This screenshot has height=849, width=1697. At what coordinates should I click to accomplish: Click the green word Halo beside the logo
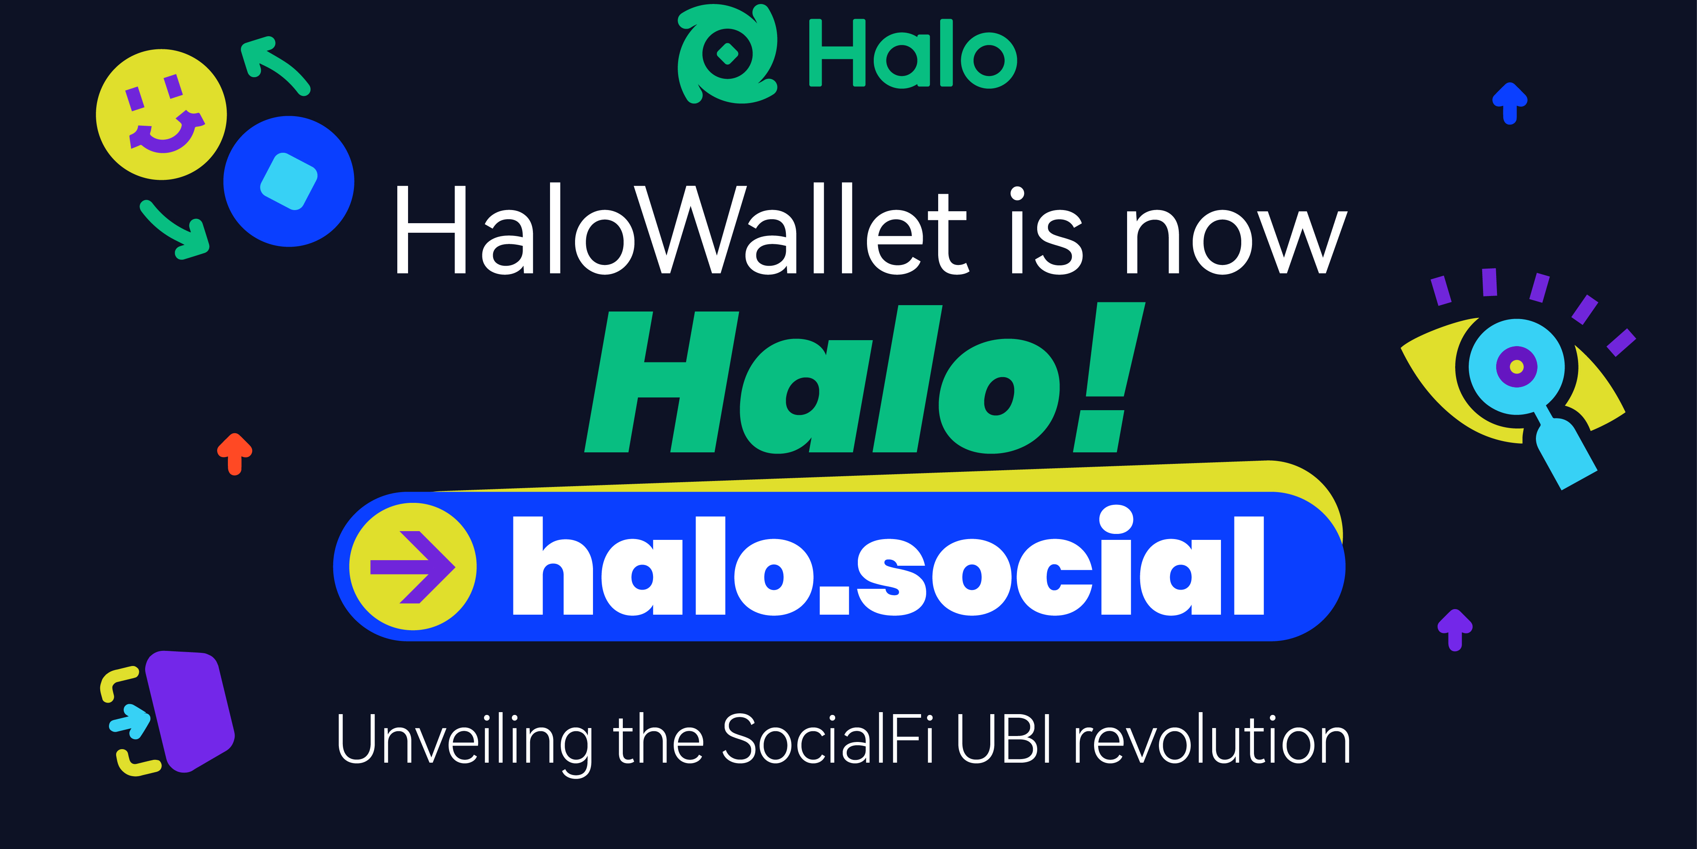coord(912,54)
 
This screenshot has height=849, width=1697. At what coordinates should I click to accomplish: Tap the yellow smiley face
coord(161,114)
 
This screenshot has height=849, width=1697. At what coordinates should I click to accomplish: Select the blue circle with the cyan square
coord(289,181)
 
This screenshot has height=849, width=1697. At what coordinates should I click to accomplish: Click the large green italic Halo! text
coord(863,381)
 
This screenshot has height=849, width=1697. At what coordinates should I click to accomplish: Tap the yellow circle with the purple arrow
coord(412,566)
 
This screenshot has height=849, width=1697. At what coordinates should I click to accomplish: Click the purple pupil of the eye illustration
coord(1516,366)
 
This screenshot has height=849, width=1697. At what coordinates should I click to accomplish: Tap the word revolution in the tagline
coord(1212,740)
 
